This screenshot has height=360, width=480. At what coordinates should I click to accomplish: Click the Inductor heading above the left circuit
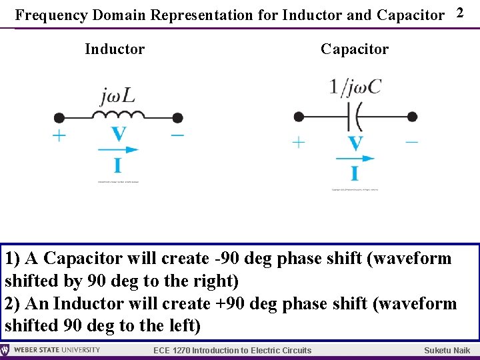coord(115,49)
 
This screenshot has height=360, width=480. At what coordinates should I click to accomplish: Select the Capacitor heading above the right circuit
coord(354,49)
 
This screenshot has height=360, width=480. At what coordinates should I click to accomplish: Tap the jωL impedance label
coord(117,97)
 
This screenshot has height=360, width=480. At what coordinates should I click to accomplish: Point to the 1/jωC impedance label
coord(355,87)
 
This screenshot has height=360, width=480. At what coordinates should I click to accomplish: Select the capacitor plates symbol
coord(355,117)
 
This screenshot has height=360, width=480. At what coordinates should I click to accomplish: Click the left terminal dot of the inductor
coord(59,118)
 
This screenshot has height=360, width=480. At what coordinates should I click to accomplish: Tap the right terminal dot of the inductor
coord(177,118)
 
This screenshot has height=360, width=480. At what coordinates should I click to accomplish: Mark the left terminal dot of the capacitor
coord(299,117)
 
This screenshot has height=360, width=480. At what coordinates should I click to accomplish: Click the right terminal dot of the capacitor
coord(412,117)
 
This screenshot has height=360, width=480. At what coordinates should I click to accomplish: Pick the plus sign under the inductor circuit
coord(59,136)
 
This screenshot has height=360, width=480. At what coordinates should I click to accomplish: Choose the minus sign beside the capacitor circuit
coord(411,141)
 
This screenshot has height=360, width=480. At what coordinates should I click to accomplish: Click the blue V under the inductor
coord(118,135)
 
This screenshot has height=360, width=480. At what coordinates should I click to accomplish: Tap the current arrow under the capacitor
coord(355,159)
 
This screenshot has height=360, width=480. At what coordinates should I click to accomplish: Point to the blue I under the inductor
coord(118,165)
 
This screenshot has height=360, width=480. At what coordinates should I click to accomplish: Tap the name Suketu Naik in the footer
coord(447,351)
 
